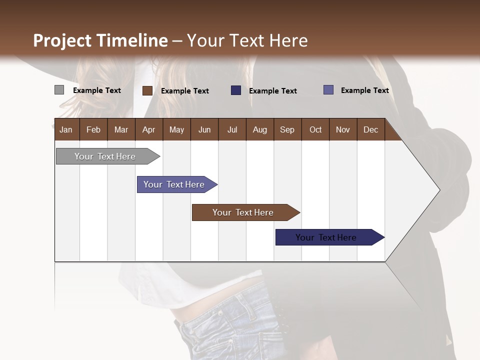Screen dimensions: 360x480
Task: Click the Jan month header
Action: point(66,130)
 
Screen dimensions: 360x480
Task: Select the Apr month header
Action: point(148,130)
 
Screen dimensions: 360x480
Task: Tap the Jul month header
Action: point(232,130)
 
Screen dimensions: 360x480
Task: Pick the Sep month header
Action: point(287,130)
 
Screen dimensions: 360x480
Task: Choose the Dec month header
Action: point(370,130)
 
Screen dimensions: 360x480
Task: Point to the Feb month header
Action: point(93,130)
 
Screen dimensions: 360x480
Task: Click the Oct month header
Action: point(315,130)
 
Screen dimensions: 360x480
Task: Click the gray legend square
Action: point(59,90)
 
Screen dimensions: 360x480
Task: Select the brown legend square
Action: point(147,90)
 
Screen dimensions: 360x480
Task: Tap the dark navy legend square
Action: point(236,90)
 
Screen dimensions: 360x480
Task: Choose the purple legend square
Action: point(328,90)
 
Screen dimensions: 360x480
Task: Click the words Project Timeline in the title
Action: point(100,40)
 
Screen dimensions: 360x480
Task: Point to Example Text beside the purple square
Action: point(364,90)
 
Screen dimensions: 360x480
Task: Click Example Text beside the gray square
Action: point(96,90)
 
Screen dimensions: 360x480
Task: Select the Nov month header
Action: point(343,130)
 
